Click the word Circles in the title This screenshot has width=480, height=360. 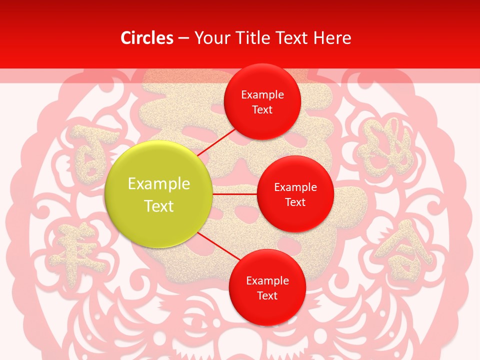pos(147,38)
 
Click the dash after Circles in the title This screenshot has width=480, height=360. pos(183,38)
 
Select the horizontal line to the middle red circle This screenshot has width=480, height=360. pos(235,193)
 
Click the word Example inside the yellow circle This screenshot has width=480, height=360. pos(159,184)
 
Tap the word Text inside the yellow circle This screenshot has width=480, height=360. pos(159,206)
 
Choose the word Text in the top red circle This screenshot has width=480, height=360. pos(262,109)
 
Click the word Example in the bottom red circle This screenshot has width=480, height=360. pos(267,280)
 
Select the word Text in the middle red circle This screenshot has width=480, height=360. pos(295,202)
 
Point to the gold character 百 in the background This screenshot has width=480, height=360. pos(89,152)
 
